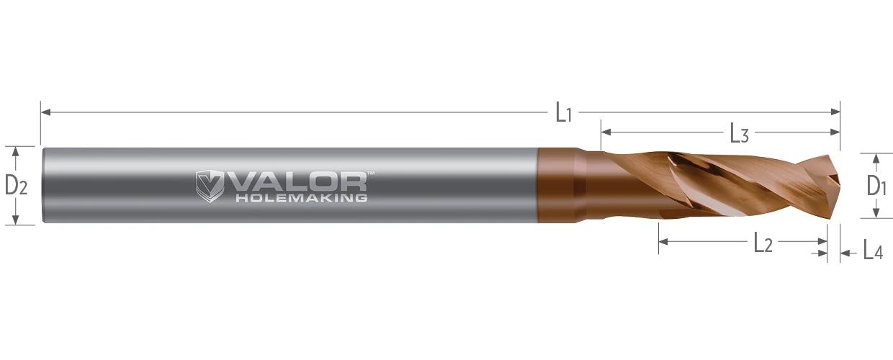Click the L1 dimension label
[x=564, y=114]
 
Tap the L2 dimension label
[x=763, y=243]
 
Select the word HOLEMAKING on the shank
[x=301, y=198]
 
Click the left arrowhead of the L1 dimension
[x=46, y=112]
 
